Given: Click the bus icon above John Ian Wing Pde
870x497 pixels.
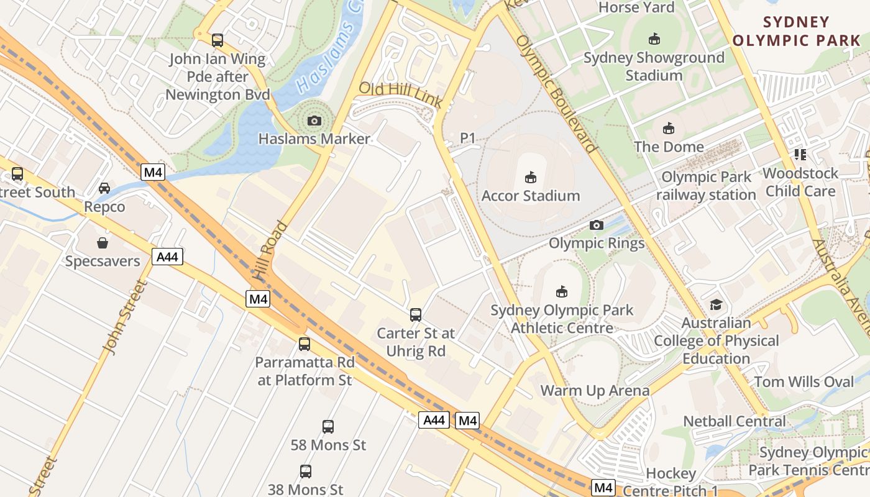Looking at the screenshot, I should click(217, 40).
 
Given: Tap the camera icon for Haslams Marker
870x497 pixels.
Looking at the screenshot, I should click(314, 121).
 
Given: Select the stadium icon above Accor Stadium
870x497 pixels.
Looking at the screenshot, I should click(530, 178).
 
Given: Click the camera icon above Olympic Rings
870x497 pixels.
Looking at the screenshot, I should click(597, 225).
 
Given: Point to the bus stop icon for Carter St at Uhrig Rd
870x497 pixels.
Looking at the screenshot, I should click(416, 315).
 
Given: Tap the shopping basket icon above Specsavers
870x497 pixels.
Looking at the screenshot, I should click(103, 243).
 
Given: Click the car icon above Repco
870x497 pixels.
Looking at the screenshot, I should click(104, 188).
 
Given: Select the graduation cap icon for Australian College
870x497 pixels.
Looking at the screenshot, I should click(716, 305).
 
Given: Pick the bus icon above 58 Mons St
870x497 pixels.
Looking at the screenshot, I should click(328, 427).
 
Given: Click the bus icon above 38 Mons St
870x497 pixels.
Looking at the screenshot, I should click(305, 471).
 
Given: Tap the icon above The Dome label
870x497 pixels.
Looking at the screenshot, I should click(669, 129).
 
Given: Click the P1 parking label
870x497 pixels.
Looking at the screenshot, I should click(467, 139).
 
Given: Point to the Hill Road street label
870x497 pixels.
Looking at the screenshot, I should click(269, 251).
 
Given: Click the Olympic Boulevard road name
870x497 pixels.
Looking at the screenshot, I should click(557, 93).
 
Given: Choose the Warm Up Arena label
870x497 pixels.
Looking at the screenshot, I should click(595, 391).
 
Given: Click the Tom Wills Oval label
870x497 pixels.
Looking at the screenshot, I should click(804, 381).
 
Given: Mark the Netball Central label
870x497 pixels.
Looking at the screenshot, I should click(735, 421).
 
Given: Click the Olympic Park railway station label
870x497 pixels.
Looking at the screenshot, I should click(706, 186).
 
